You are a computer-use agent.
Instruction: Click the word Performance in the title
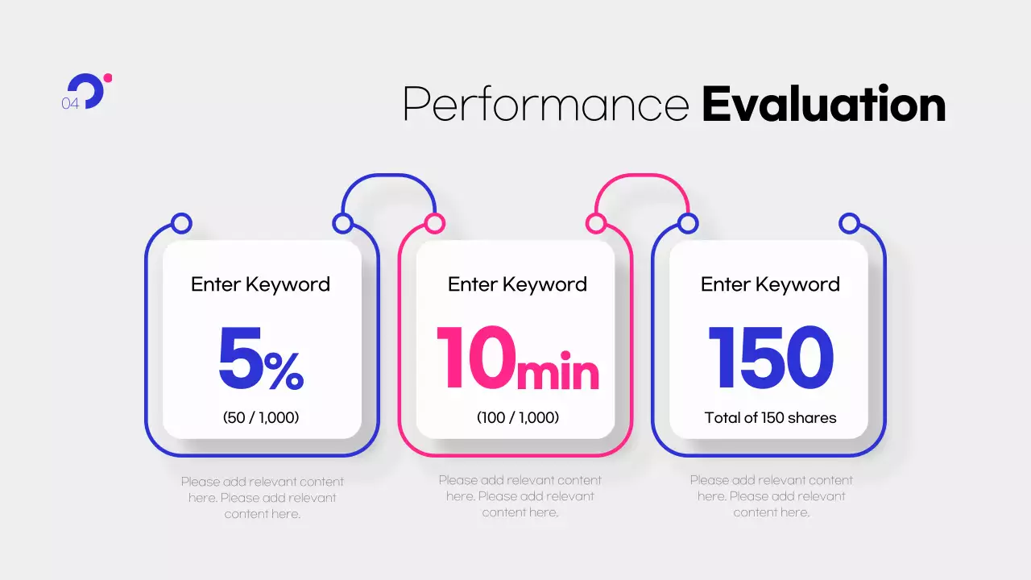pyautogui.click(x=546, y=104)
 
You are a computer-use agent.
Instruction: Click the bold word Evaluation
pyautogui.click(x=824, y=104)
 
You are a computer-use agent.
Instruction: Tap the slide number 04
pyautogui.click(x=70, y=104)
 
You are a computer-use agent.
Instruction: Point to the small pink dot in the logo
pyautogui.click(x=108, y=78)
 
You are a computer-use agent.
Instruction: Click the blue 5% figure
pyautogui.click(x=261, y=358)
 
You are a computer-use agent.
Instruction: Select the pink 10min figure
pyautogui.click(x=518, y=358)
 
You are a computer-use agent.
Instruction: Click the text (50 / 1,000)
pyautogui.click(x=261, y=417)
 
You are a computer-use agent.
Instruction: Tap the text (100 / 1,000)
pyautogui.click(x=518, y=417)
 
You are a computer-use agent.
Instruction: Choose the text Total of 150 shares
pyautogui.click(x=771, y=417)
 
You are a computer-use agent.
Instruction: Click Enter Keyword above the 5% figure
pyautogui.click(x=260, y=284)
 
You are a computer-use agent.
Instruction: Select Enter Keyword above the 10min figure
pyautogui.click(x=517, y=284)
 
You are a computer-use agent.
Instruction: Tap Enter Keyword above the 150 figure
pyautogui.click(x=771, y=284)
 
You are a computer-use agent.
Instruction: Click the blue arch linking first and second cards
pyautogui.click(x=389, y=176)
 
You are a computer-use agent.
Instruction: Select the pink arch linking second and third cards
pyautogui.click(x=642, y=176)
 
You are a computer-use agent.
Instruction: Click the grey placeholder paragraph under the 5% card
pyautogui.click(x=263, y=498)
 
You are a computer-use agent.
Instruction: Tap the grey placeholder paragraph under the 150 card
pyautogui.click(x=772, y=496)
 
